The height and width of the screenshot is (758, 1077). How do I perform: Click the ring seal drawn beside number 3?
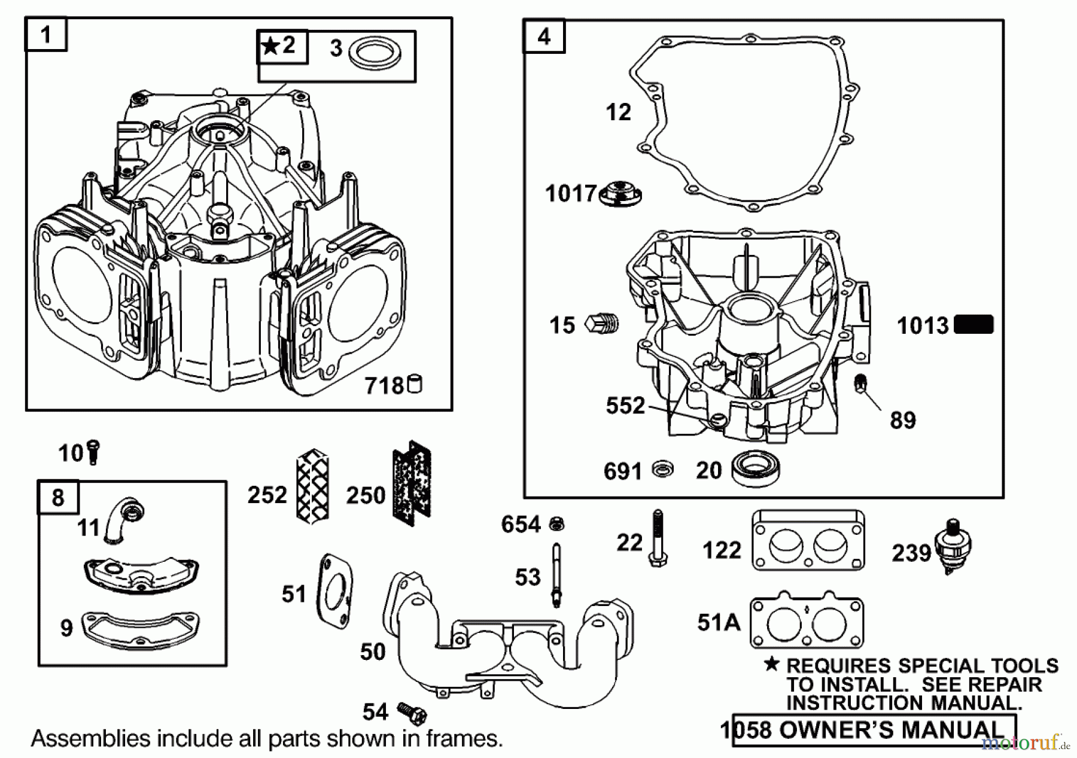(375, 56)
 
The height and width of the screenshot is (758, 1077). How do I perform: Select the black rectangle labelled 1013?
(973, 325)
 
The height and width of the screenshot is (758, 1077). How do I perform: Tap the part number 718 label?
(385, 386)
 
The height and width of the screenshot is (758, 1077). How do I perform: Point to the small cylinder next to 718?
(415, 384)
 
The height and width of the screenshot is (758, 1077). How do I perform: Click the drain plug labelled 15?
(602, 324)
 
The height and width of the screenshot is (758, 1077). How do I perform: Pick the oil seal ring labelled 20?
(756, 470)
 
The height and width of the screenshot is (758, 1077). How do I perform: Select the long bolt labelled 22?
(658, 538)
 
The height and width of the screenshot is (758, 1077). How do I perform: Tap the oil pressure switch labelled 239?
(954, 546)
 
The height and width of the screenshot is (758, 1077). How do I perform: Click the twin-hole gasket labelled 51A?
(806, 622)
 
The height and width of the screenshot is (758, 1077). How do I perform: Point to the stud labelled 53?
(556, 574)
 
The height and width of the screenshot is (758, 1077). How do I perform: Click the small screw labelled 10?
(93, 452)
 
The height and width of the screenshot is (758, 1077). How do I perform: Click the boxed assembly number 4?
(543, 37)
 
